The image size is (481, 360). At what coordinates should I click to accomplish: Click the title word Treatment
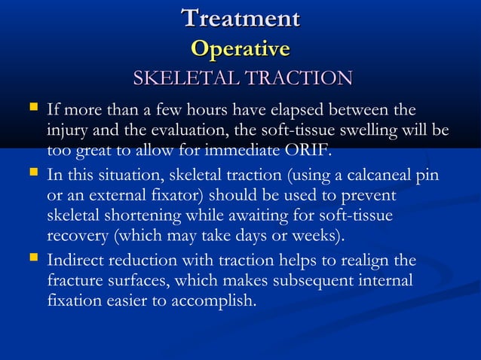click(x=240, y=18)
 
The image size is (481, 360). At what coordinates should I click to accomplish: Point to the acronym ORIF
click(x=305, y=149)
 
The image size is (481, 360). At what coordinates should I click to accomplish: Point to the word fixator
click(x=149, y=196)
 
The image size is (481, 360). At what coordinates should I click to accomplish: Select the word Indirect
click(x=77, y=261)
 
